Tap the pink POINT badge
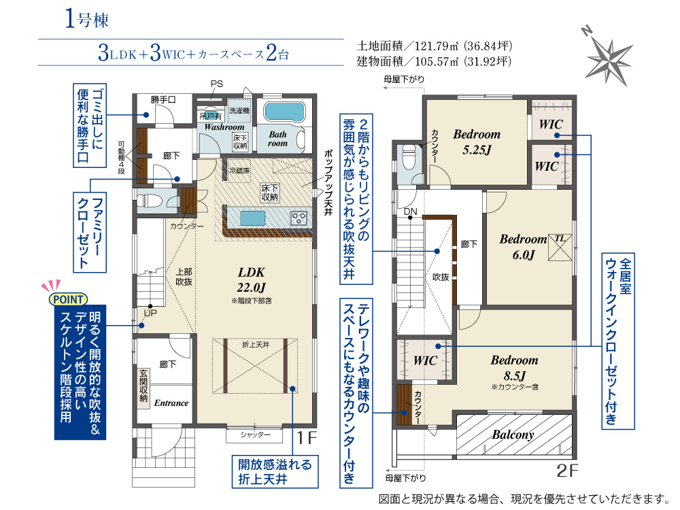point(68,299)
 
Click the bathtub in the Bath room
point(284,112)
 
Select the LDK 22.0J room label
point(252,279)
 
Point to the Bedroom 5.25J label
point(477,142)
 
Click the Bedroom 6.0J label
point(524,247)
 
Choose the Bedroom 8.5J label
point(515,368)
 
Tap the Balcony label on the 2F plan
point(513,434)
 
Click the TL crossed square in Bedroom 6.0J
point(560,248)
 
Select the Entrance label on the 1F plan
point(171,403)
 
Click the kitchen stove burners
point(299,218)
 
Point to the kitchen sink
point(252,218)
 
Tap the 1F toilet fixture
point(149,201)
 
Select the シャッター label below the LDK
point(256,435)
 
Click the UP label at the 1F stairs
point(150,313)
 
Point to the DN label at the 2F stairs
point(410,211)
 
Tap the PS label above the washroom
point(217,84)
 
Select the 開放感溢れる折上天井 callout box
point(275,472)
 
